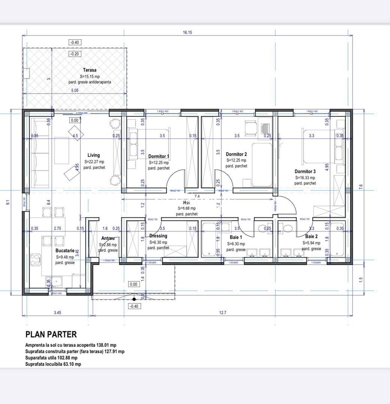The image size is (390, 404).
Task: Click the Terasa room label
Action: pyautogui.click(x=90, y=70)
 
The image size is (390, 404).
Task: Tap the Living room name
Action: pyautogui.click(x=94, y=155)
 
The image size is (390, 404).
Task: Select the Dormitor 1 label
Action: pyautogui.click(x=159, y=156)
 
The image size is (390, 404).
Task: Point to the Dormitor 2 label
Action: pyautogui.click(x=236, y=154)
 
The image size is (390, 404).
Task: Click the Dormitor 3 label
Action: pyautogui.click(x=305, y=171)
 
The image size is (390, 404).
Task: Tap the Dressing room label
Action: pyautogui.click(x=158, y=236)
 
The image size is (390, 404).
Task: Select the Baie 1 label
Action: pyautogui.click(x=236, y=237)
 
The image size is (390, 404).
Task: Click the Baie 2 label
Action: pyautogui.click(x=311, y=236)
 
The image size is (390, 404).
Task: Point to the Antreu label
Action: pyautogui.click(x=108, y=238)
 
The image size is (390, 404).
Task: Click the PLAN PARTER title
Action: pyautogui.click(x=51, y=334)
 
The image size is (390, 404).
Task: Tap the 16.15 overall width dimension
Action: pyautogui.click(x=187, y=33)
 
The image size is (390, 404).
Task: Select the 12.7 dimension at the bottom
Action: pyautogui.click(x=222, y=313)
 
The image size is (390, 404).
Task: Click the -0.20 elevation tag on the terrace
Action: pyautogui.click(x=75, y=54)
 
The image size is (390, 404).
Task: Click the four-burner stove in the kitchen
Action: pyautogui.click(x=35, y=259)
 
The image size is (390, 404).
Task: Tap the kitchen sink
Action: pyautogui.click(x=58, y=281)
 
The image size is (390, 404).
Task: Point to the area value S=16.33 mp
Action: pyautogui.click(x=305, y=178)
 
